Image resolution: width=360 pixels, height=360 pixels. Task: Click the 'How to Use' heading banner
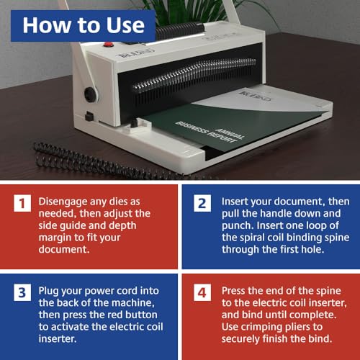pyautogui.click(x=83, y=26)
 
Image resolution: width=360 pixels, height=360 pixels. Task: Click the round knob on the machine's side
pyautogui.click(x=91, y=94)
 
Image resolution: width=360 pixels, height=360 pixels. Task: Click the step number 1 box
pyautogui.click(x=22, y=204)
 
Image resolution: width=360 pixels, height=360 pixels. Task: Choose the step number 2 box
pyautogui.click(x=202, y=204)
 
